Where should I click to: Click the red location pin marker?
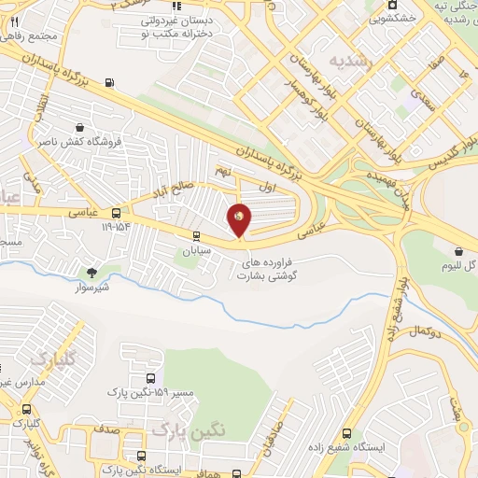pyautogui.click(x=239, y=218)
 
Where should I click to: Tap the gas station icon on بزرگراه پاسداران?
pyautogui.click(x=113, y=83)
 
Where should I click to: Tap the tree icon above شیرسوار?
pyautogui.click(x=91, y=273)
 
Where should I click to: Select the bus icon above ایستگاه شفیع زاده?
pyautogui.click(x=346, y=433)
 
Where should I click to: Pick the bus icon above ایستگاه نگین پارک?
pyautogui.click(x=140, y=457)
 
